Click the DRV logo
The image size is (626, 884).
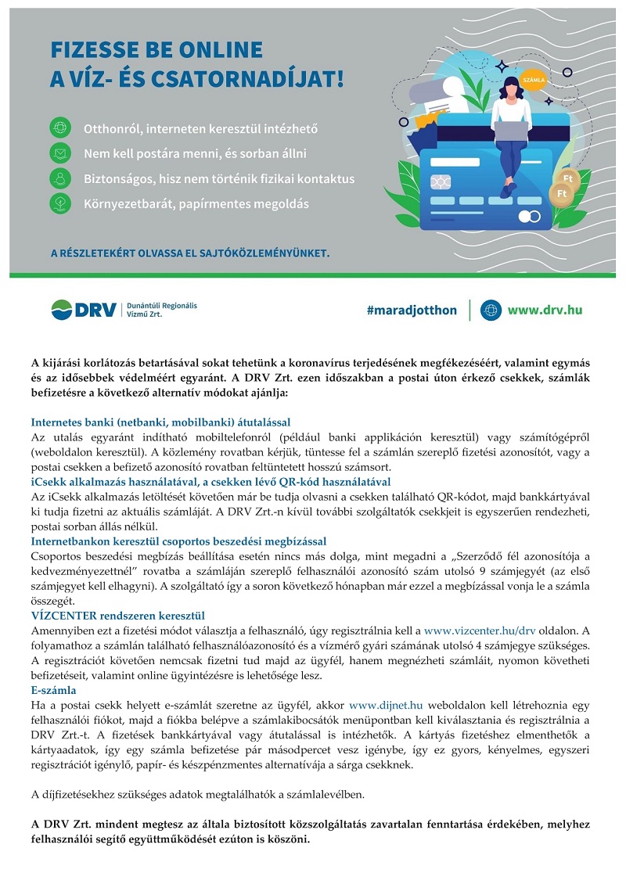point(85,309)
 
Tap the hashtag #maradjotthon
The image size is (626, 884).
point(412,310)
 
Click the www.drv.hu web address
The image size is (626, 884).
point(545,310)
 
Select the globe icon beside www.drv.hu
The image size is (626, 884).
point(491,310)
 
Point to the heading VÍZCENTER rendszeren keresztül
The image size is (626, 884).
point(117,615)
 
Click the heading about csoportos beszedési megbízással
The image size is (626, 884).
point(178,541)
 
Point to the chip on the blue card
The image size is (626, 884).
point(441,181)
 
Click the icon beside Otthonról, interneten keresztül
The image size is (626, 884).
point(60,127)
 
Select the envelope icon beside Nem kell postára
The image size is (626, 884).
point(60,153)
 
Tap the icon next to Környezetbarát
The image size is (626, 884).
point(60,203)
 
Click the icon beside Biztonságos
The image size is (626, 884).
point(60,178)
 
